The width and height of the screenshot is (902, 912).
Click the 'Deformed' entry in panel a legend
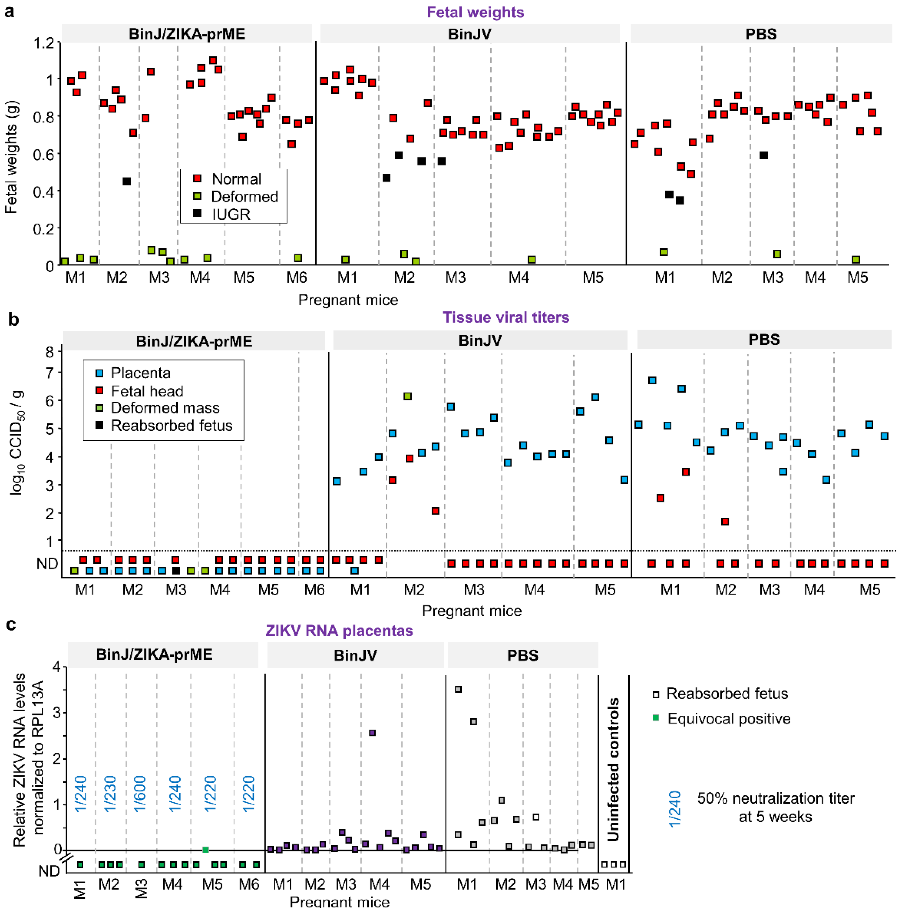point(244,196)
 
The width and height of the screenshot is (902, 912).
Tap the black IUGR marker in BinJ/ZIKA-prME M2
point(126,181)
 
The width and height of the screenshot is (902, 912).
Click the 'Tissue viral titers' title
point(506,317)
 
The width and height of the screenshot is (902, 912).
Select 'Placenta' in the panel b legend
point(140,373)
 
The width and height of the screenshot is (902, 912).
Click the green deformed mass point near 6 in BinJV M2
point(408,396)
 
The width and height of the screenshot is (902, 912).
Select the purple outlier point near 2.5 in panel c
point(372,733)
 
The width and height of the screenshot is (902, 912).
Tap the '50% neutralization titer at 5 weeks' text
point(776,807)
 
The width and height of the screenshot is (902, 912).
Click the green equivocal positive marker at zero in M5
point(205,850)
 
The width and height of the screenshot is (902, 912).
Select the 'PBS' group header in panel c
point(523,655)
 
